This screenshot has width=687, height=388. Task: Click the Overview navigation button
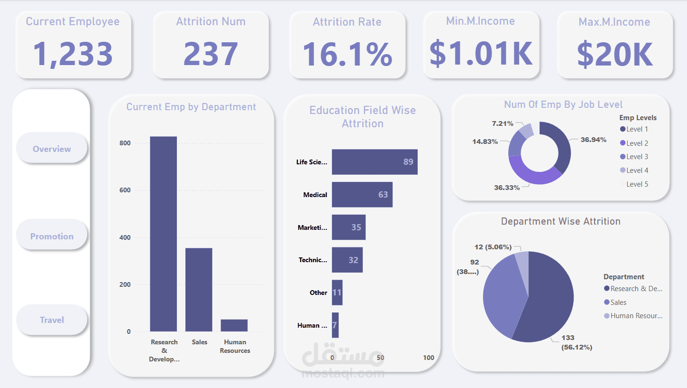coord(52,149)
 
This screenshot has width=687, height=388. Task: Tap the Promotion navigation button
coord(52,236)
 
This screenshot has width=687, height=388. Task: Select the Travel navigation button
coord(52,320)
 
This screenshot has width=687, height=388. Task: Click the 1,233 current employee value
coord(73,54)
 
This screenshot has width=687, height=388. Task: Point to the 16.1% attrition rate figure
coord(347,54)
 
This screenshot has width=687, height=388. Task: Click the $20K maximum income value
coord(614,54)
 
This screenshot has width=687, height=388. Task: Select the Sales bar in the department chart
coord(199,290)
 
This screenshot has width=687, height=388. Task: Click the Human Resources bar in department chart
coord(234,325)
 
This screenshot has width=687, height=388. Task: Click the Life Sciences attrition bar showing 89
coord(375,161)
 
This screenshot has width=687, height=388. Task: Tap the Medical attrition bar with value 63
coord(362,194)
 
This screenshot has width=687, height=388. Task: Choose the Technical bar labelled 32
coord(347,260)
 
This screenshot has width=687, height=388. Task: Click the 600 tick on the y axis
coord(125,190)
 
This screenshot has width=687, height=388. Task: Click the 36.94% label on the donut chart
coord(594,140)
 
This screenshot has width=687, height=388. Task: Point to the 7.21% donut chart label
coord(503,123)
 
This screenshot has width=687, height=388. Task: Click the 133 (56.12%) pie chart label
coord(577,342)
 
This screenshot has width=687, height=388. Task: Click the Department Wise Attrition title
coord(560,221)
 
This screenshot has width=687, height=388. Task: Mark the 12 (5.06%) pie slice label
coord(493,247)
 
